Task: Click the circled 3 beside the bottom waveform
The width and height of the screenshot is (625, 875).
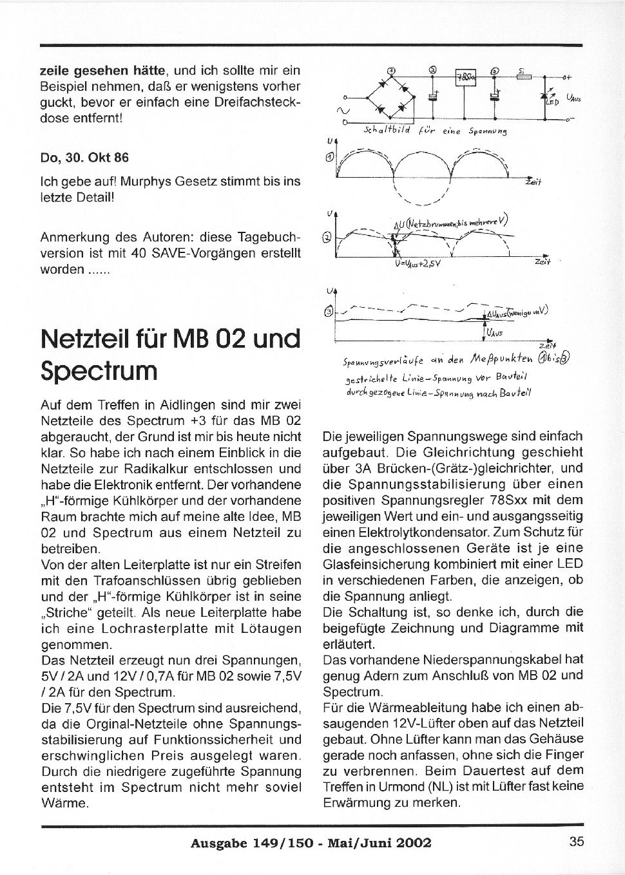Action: (330, 311)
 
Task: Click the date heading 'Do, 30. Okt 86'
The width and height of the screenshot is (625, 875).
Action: (84, 157)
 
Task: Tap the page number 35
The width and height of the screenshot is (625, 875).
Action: (576, 841)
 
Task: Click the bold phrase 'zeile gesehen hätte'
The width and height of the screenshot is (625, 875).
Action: (104, 70)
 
